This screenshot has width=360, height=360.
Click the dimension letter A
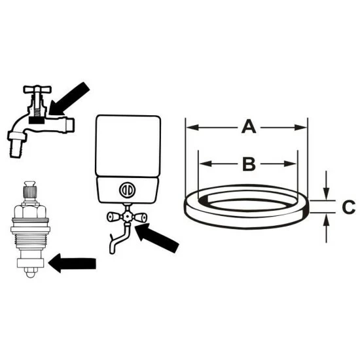click(x=249, y=126)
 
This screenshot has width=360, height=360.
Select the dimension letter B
click(x=249, y=164)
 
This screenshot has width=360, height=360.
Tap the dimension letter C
click(x=349, y=207)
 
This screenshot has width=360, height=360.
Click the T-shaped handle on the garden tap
click(x=37, y=89)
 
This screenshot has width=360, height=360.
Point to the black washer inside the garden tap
click(x=37, y=120)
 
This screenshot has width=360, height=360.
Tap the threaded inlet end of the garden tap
click(x=69, y=126)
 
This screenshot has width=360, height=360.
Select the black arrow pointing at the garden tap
click(x=69, y=99)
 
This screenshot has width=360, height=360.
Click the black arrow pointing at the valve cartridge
click(x=72, y=263)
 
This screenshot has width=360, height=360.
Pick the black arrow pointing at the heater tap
click(x=157, y=238)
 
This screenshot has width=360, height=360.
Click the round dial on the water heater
click(x=127, y=190)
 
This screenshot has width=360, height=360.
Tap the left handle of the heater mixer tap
click(x=113, y=217)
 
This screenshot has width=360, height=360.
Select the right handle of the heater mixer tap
click(x=140, y=217)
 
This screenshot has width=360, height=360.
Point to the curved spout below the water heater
click(x=119, y=239)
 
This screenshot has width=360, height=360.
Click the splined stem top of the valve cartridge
click(x=30, y=190)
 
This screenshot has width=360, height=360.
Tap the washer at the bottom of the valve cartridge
click(x=30, y=262)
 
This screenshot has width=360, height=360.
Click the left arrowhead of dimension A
click(x=192, y=127)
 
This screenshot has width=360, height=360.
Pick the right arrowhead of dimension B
click(x=290, y=164)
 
